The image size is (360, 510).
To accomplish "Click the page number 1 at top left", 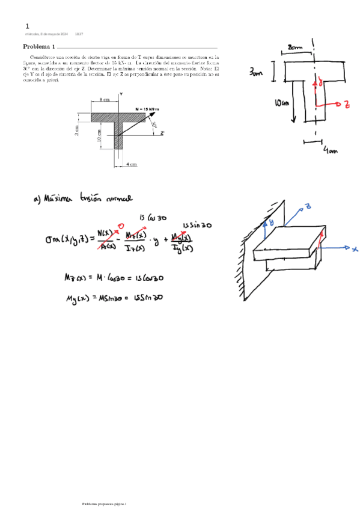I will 27,27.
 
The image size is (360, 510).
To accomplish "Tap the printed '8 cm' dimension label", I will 105,100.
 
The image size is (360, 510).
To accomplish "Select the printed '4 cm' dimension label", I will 132,164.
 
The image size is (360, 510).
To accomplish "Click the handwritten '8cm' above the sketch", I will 295,47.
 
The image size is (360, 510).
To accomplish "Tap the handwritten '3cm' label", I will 257,73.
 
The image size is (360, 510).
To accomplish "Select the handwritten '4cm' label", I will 331,152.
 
